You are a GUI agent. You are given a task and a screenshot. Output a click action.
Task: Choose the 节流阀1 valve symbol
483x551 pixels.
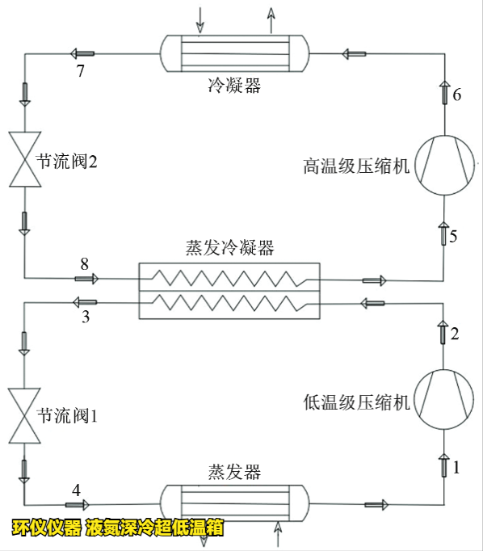pyautogui.click(x=24, y=416)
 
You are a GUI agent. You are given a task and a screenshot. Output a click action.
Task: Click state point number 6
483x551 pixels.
pyautogui.click(x=457, y=95)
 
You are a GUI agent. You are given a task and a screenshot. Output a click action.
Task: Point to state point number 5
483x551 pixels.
pyautogui.click(x=453, y=237)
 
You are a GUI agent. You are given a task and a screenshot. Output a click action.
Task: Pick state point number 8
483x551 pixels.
pyautogui.click(x=84, y=263)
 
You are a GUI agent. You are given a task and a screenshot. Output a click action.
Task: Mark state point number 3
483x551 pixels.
pyautogui.click(x=86, y=318)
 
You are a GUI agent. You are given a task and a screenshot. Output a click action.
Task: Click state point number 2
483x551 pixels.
pyautogui.click(x=454, y=333)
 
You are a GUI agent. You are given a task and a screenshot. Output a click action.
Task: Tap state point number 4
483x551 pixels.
pyautogui.click(x=77, y=490)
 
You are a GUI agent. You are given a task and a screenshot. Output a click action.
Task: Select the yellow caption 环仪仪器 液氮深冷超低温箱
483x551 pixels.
pyautogui.click(x=116, y=529)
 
